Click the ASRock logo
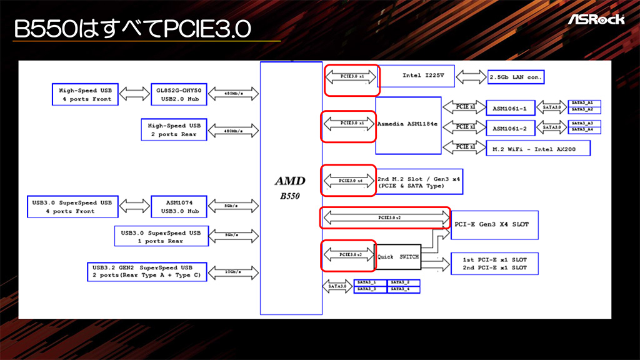click(x=596, y=19)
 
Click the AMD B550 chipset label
click(x=291, y=187)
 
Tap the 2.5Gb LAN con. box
click(x=516, y=77)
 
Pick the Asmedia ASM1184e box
click(x=408, y=124)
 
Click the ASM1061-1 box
click(x=509, y=109)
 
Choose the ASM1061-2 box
click(x=509, y=128)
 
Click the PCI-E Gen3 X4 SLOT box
click(x=494, y=224)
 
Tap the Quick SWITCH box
click(x=399, y=257)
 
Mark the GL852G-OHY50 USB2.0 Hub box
click(x=178, y=94)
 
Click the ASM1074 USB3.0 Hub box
click(x=178, y=207)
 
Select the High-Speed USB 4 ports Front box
click(x=85, y=94)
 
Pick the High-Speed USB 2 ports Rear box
click(x=173, y=129)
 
